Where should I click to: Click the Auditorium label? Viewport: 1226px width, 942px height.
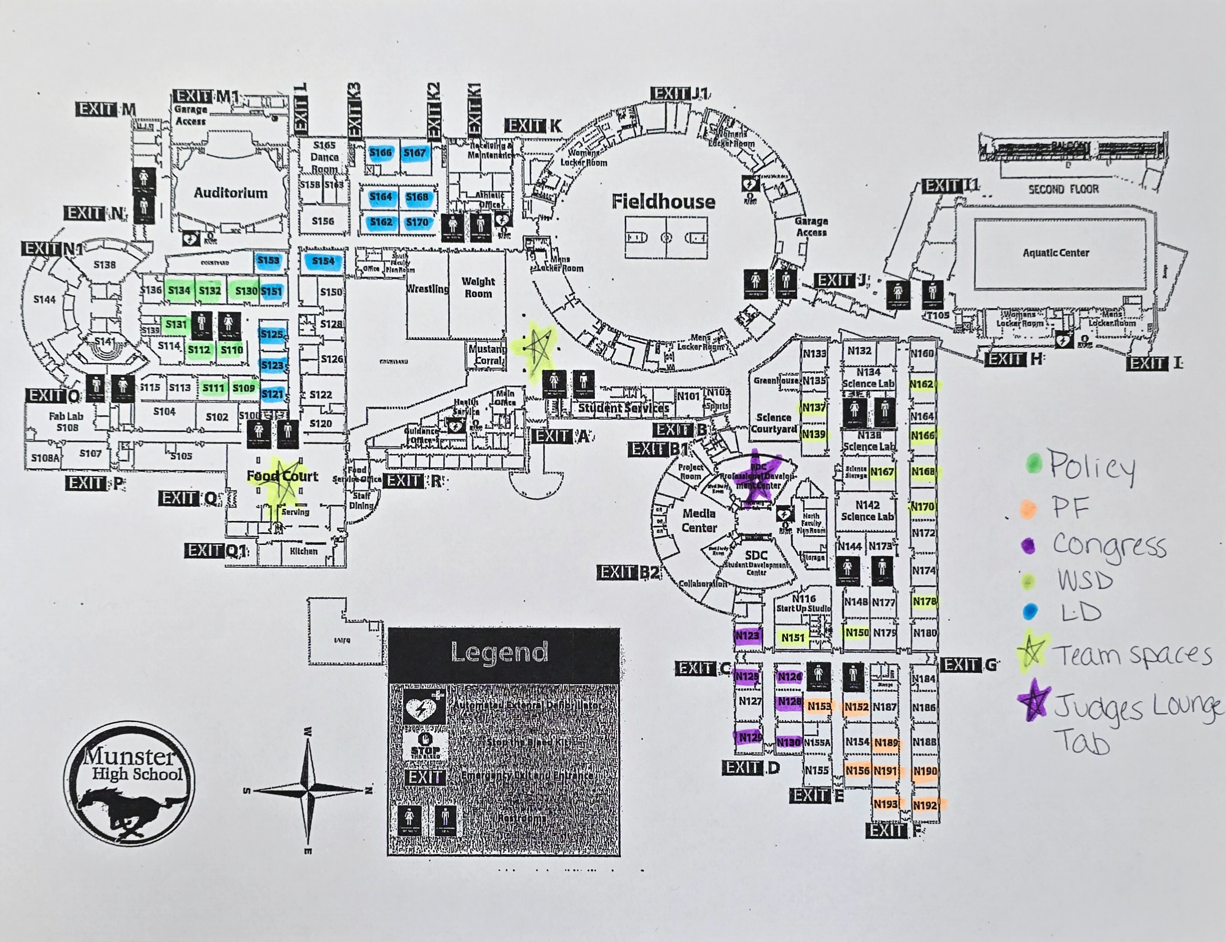[230, 193]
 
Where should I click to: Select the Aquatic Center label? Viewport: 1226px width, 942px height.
[1056, 253]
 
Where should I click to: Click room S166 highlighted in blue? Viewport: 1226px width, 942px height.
[381, 152]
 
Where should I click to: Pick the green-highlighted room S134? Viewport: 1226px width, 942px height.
[179, 291]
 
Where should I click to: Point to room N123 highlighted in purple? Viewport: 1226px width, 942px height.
[747, 636]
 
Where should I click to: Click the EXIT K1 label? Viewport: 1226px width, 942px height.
[474, 110]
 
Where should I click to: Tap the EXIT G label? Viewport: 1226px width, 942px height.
[969, 665]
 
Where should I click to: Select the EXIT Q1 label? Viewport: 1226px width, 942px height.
[216, 551]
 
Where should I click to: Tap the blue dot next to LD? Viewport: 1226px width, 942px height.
[1030, 611]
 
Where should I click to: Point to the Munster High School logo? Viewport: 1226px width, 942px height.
[130, 784]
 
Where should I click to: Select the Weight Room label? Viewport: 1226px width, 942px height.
[478, 287]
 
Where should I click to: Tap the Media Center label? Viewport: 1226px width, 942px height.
[699, 520]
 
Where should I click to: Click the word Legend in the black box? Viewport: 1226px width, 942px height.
[499, 652]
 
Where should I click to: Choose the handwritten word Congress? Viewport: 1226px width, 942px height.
[1109, 546]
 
